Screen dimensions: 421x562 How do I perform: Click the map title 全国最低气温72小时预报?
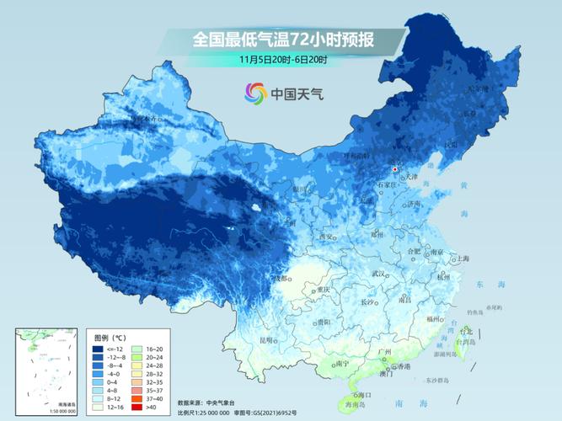click(x=283, y=39)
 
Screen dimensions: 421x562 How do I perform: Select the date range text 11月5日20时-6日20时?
click(x=283, y=59)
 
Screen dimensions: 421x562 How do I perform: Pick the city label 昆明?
click(x=266, y=340)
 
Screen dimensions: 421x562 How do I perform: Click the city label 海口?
click(x=362, y=394)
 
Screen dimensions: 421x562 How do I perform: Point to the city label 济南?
click(x=413, y=205)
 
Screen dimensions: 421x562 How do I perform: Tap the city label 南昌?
click(x=405, y=298)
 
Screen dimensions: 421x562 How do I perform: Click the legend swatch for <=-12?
click(x=98, y=349)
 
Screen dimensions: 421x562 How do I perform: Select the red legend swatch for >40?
click(x=138, y=407)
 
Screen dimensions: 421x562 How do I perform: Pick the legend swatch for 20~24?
click(x=138, y=357)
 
